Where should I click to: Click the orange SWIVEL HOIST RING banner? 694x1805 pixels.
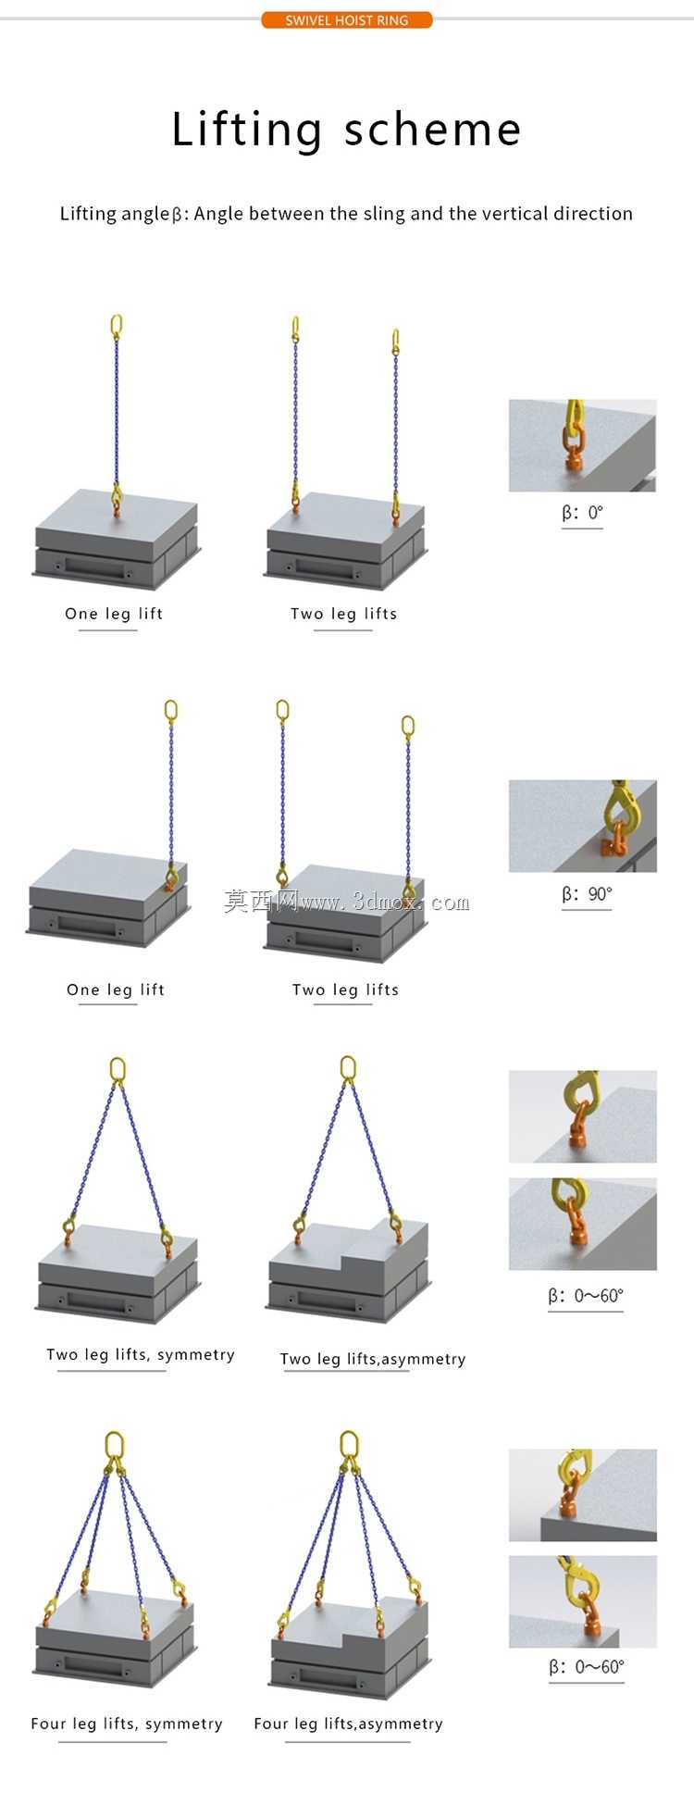pos(347,19)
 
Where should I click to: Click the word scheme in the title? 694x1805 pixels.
pos(433,131)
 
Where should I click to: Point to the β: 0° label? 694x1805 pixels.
pos(582,513)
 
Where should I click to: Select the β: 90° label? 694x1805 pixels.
pos(587,894)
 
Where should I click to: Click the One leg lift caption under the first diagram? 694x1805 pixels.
pos(114,614)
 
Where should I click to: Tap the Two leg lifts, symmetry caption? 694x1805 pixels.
pos(141,1355)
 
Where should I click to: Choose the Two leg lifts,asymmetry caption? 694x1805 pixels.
pos(373,1359)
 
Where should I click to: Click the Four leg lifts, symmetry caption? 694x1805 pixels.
pos(127,1724)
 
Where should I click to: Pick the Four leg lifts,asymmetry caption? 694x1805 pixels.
pos(349,1724)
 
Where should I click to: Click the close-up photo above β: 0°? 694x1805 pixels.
pos(583,445)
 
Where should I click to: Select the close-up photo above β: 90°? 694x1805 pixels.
pos(583,826)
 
